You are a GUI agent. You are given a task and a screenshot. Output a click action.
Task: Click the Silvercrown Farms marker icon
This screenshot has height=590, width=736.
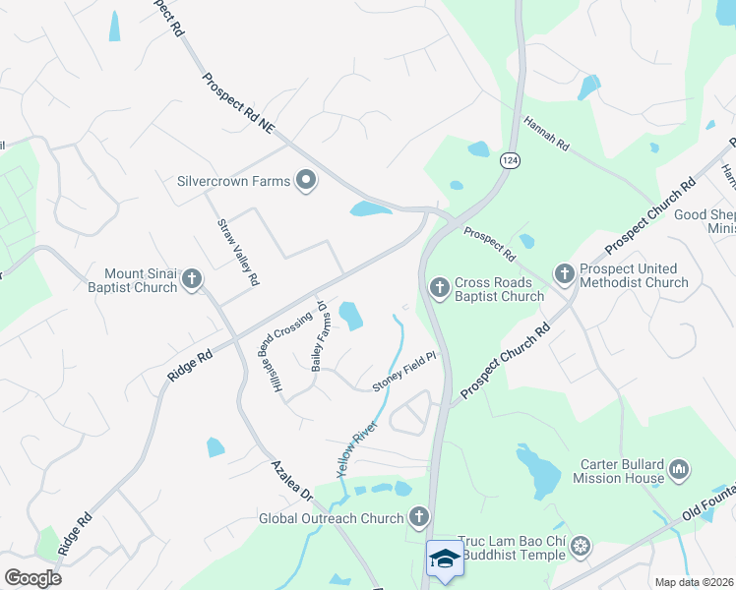point(306,180)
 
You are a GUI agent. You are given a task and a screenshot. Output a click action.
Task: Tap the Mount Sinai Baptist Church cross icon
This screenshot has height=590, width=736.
point(192,280)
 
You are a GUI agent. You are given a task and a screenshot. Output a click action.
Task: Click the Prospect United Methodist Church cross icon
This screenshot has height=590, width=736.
point(564,274)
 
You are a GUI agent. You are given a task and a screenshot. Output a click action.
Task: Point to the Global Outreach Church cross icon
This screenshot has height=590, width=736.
point(419,517)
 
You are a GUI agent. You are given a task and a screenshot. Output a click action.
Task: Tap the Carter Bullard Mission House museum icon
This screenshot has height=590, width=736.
point(679,471)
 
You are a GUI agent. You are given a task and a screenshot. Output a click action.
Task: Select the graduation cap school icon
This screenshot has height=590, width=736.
point(445,559)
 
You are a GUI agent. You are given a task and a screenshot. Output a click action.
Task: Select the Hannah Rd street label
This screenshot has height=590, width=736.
point(546,135)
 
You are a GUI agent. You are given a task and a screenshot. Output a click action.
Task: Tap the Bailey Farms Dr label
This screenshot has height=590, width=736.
point(319,336)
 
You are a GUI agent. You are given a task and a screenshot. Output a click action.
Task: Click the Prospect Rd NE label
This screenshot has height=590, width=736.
point(237,104)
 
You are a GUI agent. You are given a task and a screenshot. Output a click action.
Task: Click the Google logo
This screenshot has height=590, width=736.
point(32,578)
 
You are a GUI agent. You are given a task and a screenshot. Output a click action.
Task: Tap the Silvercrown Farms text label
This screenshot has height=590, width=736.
point(234,181)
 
